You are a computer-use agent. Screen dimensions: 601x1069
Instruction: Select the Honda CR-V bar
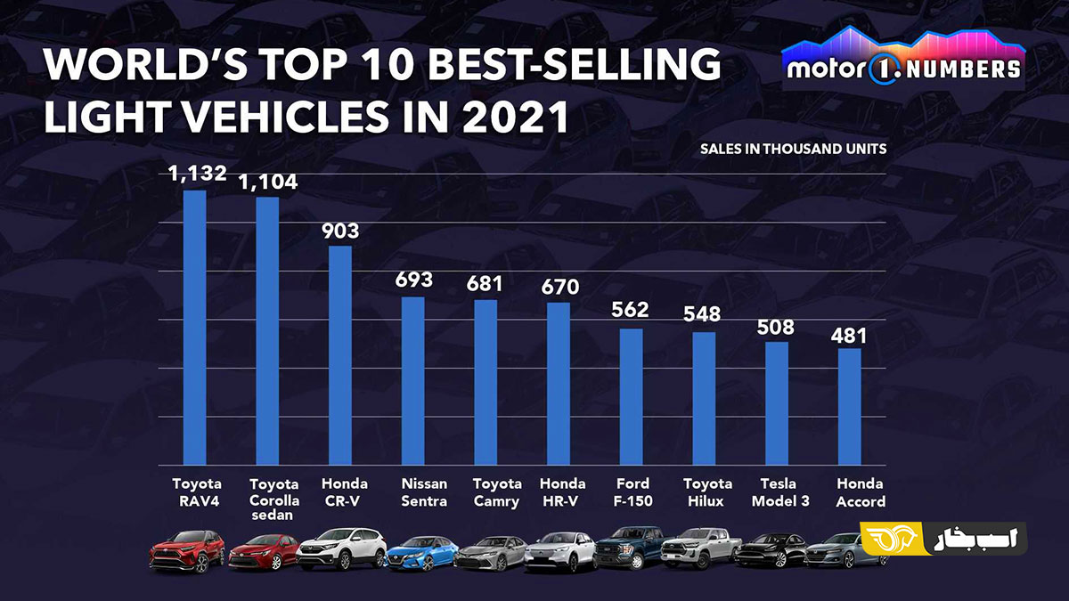click(340, 355)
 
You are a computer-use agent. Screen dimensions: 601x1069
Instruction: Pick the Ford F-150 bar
click(631, 396)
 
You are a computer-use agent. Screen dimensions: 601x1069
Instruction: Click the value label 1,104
click(267, 182)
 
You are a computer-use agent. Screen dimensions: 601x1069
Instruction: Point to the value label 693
click(413, 280)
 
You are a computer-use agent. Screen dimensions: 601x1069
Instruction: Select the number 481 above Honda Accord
click(849, 337)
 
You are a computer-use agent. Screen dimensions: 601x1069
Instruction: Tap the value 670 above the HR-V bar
click(559, 287)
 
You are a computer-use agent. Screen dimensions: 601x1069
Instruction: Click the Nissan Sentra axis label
click(424, 492)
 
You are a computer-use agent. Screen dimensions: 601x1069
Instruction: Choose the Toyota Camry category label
click(497, 492)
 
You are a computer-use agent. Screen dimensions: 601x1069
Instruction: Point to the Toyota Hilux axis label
click(707, 492)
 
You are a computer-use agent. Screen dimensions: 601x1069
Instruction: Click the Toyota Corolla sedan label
click(274, 499)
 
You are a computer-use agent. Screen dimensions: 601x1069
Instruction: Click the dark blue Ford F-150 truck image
click(629, 548)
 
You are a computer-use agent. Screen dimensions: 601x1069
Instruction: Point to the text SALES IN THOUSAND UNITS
click(793, 149)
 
